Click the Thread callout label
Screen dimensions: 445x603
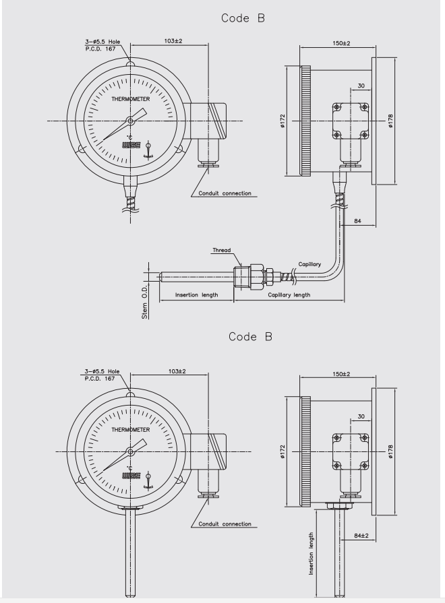[222, 251]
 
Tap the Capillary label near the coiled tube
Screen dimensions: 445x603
[309, 264]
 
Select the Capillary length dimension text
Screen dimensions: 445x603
[289, 295]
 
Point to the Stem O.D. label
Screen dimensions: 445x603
[145, 303]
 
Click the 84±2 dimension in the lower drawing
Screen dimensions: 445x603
[361, 536]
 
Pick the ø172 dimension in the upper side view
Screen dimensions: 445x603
[283, 121]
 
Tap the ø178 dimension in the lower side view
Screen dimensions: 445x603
[390, 451]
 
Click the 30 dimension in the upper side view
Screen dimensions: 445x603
[361, 86]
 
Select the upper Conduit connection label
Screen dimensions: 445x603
[225, 193]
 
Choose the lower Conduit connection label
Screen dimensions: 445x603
[225, 524]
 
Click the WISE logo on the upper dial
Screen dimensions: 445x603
[131, 146]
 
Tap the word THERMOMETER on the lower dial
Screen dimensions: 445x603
[131, 430]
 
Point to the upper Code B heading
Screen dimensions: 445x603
[243, 18]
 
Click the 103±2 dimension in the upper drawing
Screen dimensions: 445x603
[173, 41]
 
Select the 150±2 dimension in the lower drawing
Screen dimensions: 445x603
[341, 374]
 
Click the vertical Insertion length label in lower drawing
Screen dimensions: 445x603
[311, 554]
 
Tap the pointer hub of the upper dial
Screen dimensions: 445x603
[131, 121]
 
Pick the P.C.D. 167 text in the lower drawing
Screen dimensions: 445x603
[100, 379]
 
